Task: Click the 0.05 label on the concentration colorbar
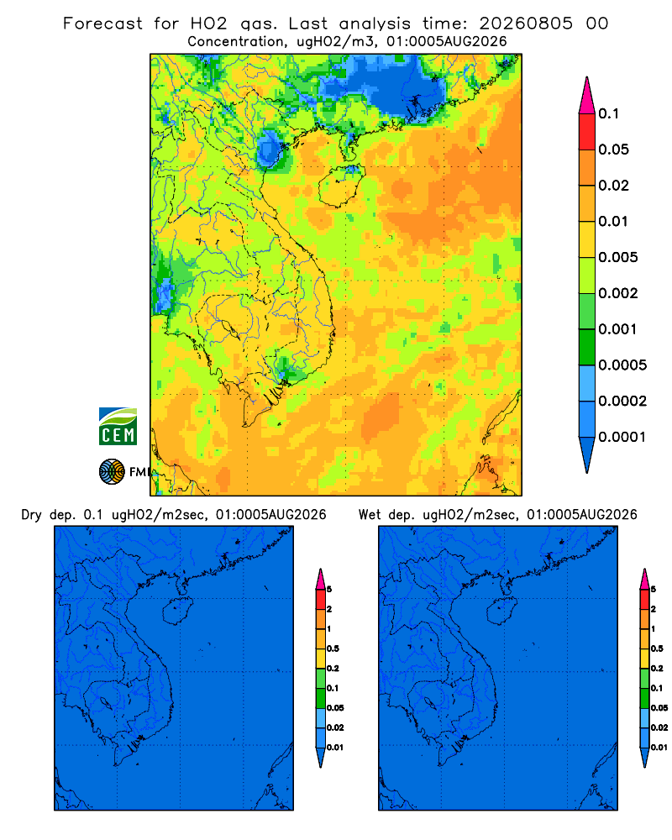(613, 150)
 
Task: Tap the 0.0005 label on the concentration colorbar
(622, 365)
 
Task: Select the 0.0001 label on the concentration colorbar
(622, 437)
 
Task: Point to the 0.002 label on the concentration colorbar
(618, 293)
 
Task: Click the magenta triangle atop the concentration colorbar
(587, 97)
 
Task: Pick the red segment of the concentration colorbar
(587, 131)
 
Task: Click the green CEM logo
(118, 427)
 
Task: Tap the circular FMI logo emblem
(112, 472)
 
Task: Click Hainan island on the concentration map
(341, 186)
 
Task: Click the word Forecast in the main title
(102, 24)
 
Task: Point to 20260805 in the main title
(526, 24)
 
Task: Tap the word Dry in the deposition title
(31, 515)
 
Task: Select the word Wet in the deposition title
(370, 515)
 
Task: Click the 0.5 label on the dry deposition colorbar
(333, 648)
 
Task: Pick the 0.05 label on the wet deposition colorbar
(659, 707)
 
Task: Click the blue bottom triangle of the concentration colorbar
(587, 454)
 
